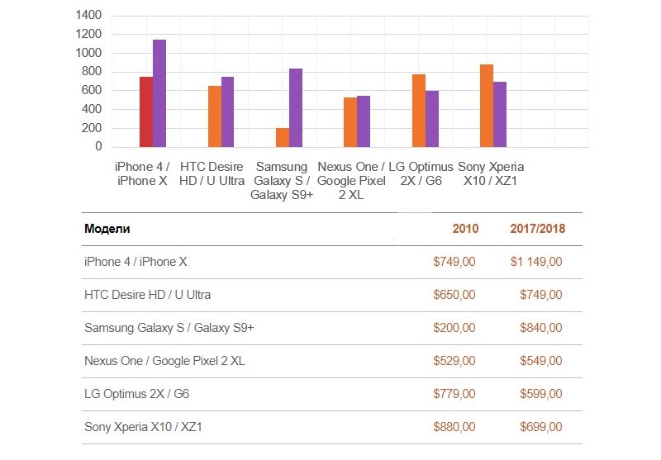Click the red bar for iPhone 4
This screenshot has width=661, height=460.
(146, 111)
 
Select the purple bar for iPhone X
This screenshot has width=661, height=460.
(159, 93)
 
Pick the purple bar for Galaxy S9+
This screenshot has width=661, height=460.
(296, 107)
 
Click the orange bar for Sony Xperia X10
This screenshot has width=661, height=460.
(487, 106)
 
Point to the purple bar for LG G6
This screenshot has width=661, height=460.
(432, 119)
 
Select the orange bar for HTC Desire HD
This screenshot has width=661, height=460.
(215, 116)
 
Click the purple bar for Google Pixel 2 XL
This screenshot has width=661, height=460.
(364, 121)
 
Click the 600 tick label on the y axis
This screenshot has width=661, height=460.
(92, 91)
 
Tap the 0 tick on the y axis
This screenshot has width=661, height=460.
(97, 147)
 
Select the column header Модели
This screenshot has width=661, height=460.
(107, 229)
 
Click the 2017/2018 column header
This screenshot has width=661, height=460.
(538, 229)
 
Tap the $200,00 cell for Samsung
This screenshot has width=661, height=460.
(454, 328)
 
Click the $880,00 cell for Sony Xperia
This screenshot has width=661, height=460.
(454, 427)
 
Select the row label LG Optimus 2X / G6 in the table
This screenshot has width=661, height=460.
(137, 394)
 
